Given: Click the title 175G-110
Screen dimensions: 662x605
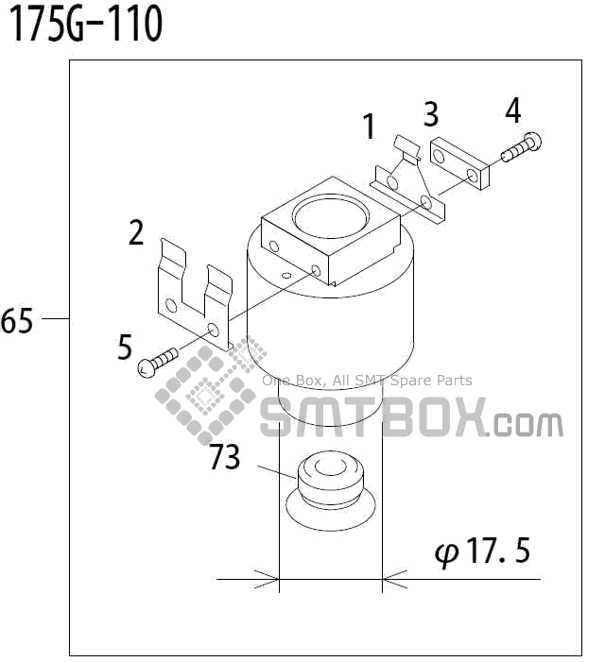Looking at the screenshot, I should pos(86,25).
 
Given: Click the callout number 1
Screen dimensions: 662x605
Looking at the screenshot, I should pos(369,126).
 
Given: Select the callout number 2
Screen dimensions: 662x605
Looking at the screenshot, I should pos(137,231).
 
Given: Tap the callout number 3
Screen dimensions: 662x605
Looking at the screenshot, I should pos(430,114).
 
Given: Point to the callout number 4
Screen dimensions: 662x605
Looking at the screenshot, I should pos(512,110).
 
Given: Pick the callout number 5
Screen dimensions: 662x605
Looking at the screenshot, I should pos(125,347).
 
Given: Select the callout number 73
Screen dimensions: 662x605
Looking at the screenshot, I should pos(225,458).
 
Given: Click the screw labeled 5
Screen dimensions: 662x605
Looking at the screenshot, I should pos(159,362).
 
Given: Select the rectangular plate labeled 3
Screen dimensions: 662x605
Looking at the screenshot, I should pos(459,162).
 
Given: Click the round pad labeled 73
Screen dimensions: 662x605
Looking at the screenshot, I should pos(329,483).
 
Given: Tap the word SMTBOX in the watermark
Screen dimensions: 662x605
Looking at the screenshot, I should pos(372,418).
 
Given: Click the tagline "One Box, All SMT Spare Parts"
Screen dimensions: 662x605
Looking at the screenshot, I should pos(367,381).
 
